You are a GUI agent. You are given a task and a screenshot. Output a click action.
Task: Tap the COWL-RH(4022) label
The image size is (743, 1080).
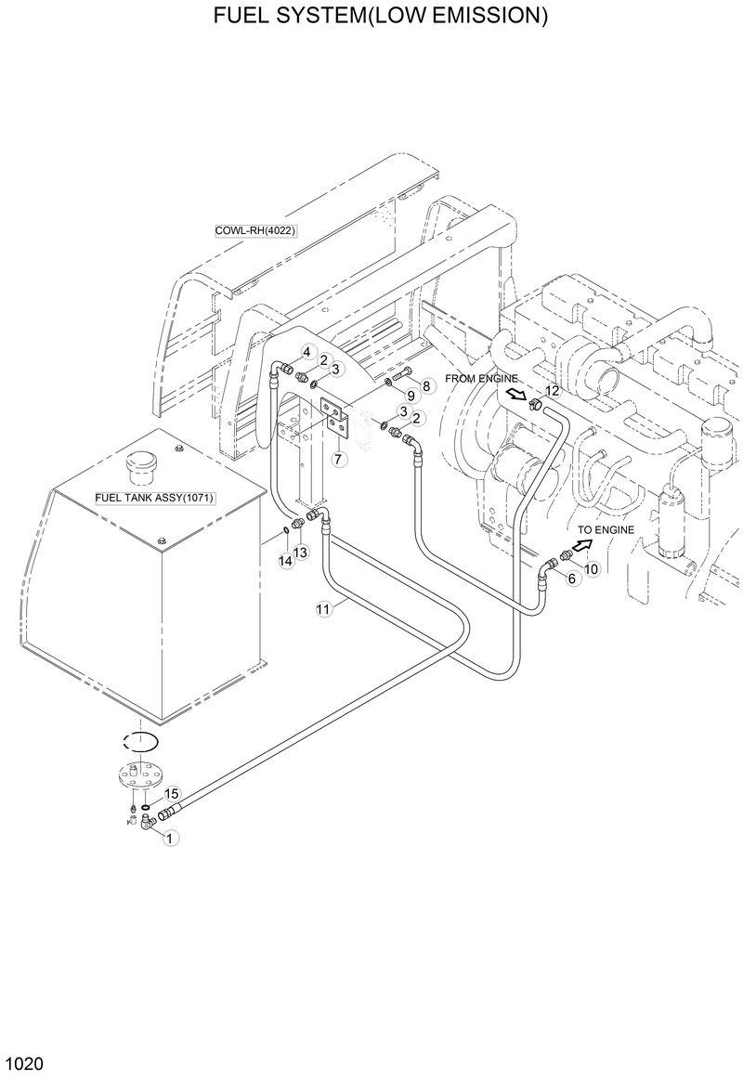(x=254, y=230)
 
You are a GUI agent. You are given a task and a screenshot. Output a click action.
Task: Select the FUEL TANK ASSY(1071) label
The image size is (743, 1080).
(x=154, y=498)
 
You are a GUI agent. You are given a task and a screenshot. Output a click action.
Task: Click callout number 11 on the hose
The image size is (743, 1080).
(x=323, y=609)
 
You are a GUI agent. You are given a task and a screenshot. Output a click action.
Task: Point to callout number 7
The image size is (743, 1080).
(x=337, y=458)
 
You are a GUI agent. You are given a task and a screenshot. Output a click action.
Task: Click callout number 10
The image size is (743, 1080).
(x=592, y=568)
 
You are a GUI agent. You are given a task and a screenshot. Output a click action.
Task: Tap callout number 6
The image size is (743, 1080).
(x=571, y=578)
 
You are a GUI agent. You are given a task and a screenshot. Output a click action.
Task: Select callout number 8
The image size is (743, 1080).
(x=426, y=385)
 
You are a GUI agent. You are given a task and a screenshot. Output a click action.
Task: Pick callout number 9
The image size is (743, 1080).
(x=410, y=397)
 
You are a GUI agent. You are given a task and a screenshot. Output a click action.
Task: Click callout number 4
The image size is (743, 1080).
(x=306, y=351)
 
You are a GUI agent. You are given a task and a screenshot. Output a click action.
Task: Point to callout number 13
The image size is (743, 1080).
(x=300, y=553)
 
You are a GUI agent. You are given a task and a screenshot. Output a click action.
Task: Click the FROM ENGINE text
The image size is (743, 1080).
(x=480, y=378)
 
